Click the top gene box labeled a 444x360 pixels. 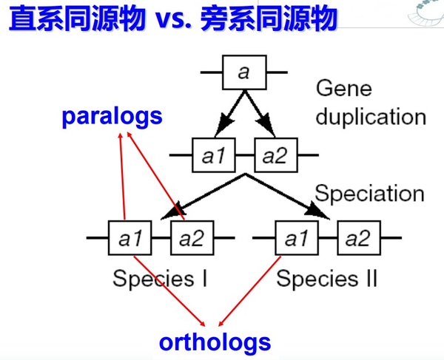[244, 72]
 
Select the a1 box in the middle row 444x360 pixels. [214, 155]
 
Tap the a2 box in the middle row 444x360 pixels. [276, 155]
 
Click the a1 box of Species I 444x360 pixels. [130, 238]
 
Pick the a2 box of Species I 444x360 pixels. [192, 238]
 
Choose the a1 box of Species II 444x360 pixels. [297, 238]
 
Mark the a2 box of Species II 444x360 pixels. [359, 238]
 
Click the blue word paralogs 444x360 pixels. [112, 116]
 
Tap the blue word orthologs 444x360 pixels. [215, 342]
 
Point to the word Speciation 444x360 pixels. [369, 194]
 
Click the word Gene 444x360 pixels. [344, 88]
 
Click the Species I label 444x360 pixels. [160, 279]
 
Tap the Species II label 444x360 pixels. [327, 279]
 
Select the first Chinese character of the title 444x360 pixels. [23, 18]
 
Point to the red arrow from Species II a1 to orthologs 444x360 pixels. [250, 291]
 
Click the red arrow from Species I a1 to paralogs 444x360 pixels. [122, 176]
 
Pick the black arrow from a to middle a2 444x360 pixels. [260, 114]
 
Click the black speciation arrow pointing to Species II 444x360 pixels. [288, 197]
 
